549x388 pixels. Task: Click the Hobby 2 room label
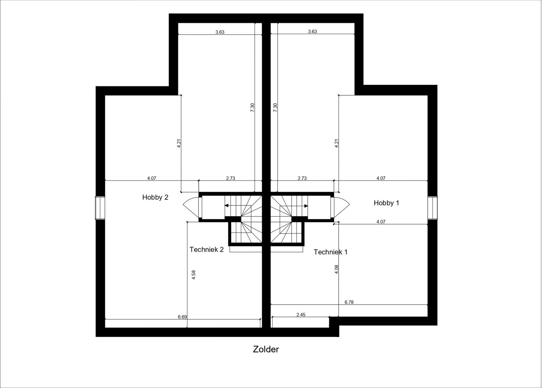(155, 197)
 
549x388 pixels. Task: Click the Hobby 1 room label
(386, 203)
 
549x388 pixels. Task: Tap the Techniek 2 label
(206, 250)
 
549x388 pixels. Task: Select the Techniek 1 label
(330, 252)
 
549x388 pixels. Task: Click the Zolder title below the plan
(266, 349)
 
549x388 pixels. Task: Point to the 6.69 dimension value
(182, 317)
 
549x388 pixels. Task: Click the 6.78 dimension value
(349, 302)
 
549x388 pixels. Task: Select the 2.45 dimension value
(301, 315)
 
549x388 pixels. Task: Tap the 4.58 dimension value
(194, 275)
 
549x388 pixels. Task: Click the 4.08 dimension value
(336, 269)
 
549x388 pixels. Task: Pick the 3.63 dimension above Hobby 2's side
(220, 32)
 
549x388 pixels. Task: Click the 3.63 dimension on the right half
(312, 32)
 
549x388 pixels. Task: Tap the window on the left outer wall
(100, 208)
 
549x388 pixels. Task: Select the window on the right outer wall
(432, 208)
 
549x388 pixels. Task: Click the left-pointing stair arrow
(227, 206)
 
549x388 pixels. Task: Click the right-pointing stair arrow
(306, 206)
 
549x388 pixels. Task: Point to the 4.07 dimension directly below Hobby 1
(381, 222)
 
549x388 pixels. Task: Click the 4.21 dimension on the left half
(179, 143)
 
